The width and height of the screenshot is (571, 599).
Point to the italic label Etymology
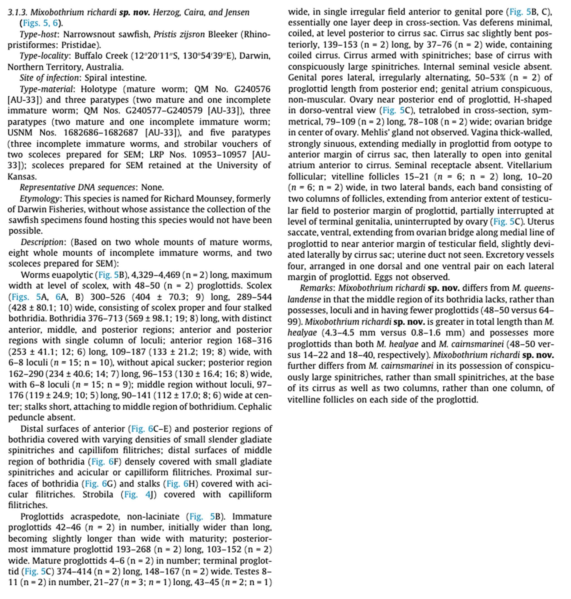[39, 199]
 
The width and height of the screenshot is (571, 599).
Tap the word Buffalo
[88, 56]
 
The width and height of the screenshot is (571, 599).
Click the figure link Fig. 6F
[106, 462]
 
